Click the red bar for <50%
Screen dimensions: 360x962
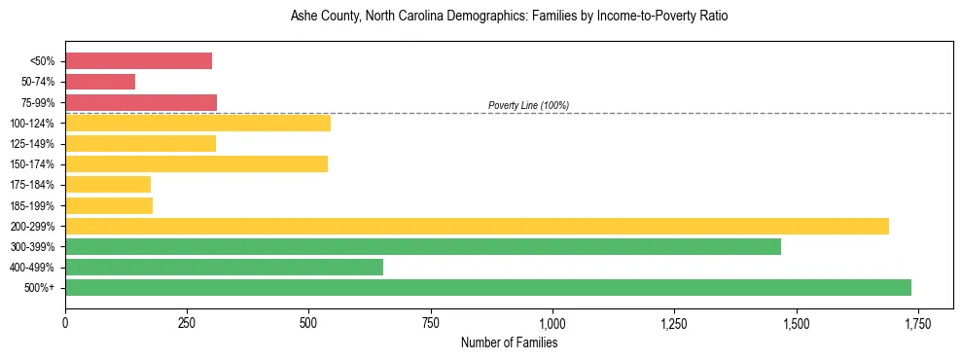[x=138, y=61]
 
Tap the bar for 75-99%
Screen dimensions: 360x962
[x=141, y=102]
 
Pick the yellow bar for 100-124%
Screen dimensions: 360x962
[x=197, y=123]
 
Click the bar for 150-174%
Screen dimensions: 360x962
[x=196, y=163]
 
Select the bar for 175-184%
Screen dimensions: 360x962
[x=108, y=184]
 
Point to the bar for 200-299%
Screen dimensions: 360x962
[x=477, y=226]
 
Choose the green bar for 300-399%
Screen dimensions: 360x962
[x=423, y=246]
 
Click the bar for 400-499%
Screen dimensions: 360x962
[x=224, y=267]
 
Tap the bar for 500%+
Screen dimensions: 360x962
[x=488, y=287]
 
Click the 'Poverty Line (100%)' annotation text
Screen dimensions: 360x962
[x=528, y=105]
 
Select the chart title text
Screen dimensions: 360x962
[x=509, y=17]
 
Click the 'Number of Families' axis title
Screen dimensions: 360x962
[x=509, y=342]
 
